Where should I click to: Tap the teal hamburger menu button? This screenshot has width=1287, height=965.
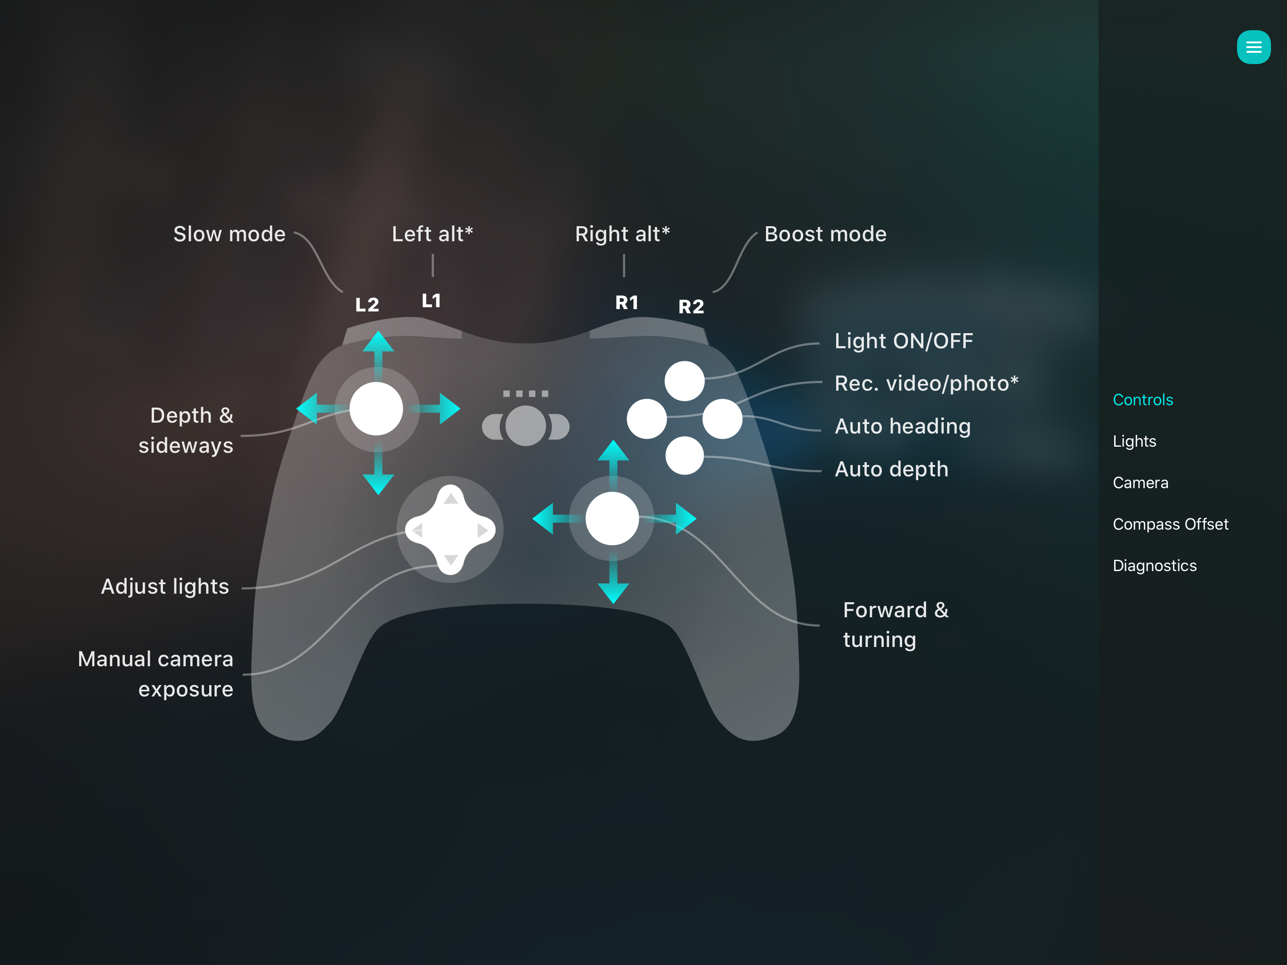(1253, 47)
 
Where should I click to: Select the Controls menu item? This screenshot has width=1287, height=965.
(1143, 400)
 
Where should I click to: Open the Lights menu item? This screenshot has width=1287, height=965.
(1134, 441)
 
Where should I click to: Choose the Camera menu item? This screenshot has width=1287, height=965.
(1140, 482)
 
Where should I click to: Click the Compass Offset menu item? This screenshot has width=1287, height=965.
(1170, 524)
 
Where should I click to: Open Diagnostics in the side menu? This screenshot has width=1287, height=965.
(1154, 566)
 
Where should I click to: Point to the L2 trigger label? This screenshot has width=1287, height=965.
(367, 304)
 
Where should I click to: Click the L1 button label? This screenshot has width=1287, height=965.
(431, 301)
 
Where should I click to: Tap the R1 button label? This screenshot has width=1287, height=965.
(627, 303)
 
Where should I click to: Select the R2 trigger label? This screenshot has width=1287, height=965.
(691, 307)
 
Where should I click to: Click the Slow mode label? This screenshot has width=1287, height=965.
(229, 234)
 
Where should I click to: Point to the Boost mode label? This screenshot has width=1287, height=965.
(825, 234)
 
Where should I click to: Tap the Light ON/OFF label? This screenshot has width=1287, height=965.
(904, 341)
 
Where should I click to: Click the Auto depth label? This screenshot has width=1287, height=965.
(891, 469)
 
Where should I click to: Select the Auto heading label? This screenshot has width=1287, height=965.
(903, 426)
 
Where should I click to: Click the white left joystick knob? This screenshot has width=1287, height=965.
(376, 409)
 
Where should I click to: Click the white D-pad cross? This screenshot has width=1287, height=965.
(450, 530)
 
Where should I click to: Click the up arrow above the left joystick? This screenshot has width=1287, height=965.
(378, 342)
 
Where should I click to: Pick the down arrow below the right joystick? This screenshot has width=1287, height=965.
(613, 592)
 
